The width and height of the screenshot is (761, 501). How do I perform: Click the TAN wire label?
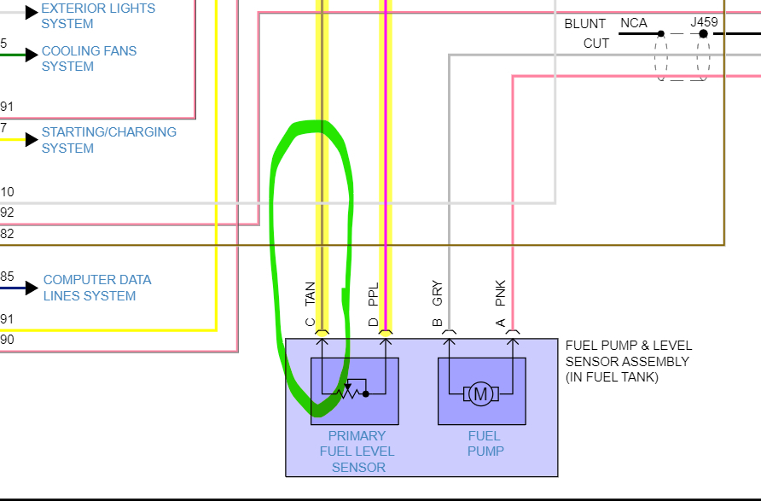pos(311,294)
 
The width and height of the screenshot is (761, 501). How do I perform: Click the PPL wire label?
pos(374,294)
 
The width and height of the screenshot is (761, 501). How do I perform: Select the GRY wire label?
pos(438,293)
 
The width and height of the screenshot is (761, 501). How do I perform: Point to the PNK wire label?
pos(501,293)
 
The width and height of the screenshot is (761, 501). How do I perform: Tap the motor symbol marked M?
pos(480,394)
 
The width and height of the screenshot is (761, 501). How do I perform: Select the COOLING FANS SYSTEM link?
pos(89,59)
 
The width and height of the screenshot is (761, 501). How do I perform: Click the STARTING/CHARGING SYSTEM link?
pos(108,140)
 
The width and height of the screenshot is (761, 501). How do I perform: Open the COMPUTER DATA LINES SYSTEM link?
pos(96,288)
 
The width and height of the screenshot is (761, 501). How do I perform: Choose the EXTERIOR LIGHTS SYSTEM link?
pos(98,15)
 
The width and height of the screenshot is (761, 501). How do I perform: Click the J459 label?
pos(705,23)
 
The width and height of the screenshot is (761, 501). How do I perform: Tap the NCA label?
pos(634,23)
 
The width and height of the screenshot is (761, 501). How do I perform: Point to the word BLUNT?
pos(585,24)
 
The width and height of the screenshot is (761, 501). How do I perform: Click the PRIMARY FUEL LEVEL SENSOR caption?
pos(357,451)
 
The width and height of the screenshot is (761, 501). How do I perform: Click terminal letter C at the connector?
pos(311,323)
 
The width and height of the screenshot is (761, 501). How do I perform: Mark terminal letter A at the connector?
pos(501,323)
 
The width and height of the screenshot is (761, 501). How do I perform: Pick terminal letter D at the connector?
pos(374,323)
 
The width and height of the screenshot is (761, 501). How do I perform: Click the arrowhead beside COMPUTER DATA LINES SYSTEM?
pos(32,288)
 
